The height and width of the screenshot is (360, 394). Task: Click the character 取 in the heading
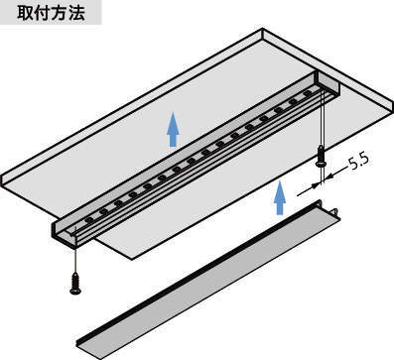(25, 13)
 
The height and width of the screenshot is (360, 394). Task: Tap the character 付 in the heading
(43, 13)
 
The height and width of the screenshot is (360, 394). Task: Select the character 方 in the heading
(60, 13)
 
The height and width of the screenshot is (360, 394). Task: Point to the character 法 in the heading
(76, 13)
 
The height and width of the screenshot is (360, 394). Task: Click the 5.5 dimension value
(359, 162)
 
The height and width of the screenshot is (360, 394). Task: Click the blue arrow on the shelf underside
(173, 129)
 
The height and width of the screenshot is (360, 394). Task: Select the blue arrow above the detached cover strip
(280, 197)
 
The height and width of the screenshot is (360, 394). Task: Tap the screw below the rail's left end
(75, 283)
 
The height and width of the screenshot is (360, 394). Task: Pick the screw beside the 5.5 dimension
(321, 156)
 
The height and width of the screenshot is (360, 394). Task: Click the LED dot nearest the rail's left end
(89, 219)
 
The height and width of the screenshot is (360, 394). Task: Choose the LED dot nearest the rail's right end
(308, 93)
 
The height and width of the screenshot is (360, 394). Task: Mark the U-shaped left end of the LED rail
(66, 234)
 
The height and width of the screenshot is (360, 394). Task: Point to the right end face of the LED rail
(328, 85)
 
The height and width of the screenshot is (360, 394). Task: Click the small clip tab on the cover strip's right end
(335, 211)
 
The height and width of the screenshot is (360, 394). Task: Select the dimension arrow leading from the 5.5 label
(335, 174)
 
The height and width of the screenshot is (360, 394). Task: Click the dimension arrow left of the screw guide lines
(309, 189)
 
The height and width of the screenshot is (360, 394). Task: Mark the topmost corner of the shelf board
(263, 29)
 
